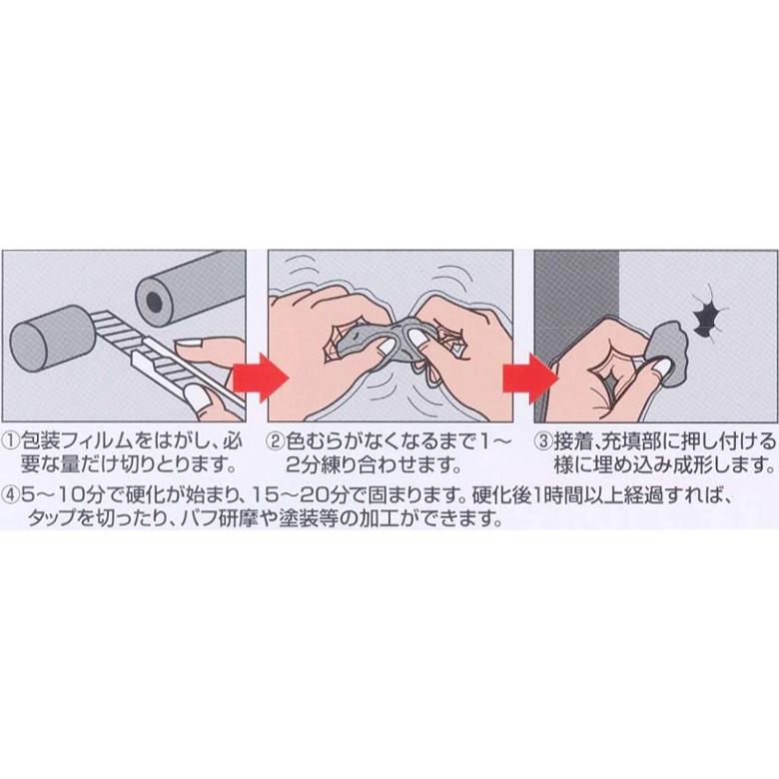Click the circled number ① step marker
click(11, 440)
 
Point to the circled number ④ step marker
click(11, 494)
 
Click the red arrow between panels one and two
click(262, 378)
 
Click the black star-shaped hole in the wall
click(706, 318)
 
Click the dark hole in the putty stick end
click(154, 300)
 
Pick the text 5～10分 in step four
click(61, 494)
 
